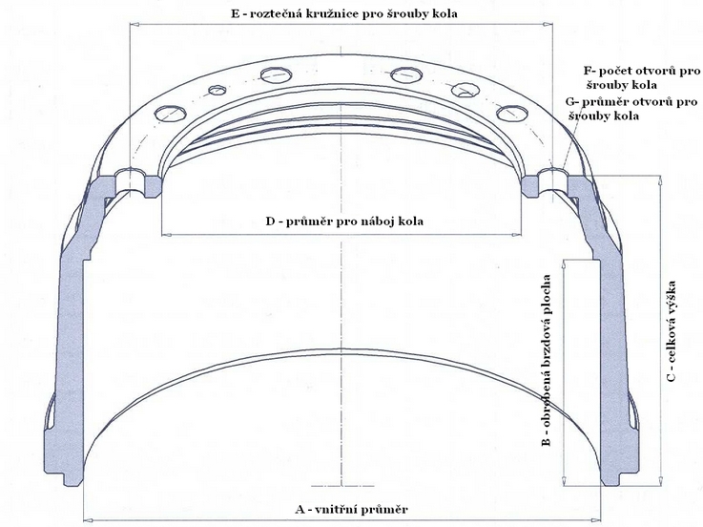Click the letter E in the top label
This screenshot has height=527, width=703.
(x=236, y=13)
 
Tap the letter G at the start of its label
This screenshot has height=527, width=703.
(x=570, y=102)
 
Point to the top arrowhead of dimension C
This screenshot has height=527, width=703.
(x=660, y=180)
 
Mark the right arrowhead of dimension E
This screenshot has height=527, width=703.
(x=548, y=24)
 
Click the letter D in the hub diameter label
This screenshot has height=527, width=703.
(x=270, y=221)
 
